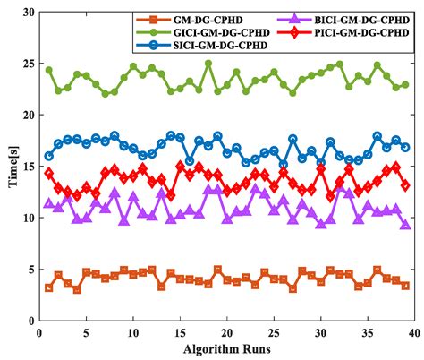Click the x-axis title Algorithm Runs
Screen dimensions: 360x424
226,350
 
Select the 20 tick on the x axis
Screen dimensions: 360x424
227,332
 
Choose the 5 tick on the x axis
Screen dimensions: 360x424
86,332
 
